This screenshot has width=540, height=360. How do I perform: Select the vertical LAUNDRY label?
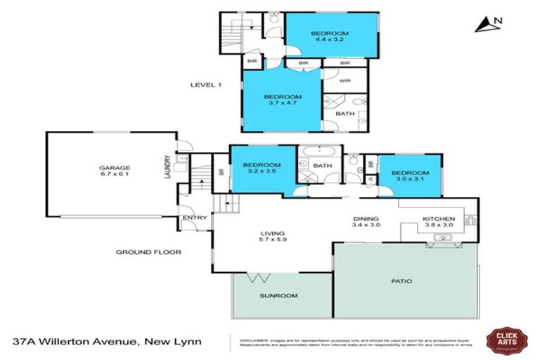[167, 167]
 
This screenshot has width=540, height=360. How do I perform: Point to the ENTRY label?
[195, 218]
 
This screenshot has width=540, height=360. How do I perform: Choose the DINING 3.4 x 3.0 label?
[366, 221]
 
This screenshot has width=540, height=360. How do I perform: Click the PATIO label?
[401, 281]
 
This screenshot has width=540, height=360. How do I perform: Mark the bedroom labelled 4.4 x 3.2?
[330, 36]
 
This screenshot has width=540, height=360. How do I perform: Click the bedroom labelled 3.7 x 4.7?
[283, 100]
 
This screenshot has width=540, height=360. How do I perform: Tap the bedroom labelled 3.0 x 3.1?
[410, 176]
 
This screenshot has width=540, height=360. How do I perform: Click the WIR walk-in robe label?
[345, 81]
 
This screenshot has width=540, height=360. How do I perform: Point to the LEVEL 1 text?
[206, 85]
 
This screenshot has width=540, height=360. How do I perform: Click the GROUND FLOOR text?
[149, 252]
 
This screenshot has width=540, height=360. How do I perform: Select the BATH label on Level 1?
[345, 113]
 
